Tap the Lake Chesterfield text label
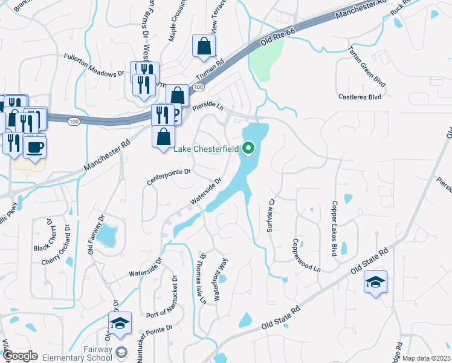click(207, 149)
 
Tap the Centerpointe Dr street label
click(169, 177)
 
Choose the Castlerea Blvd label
click(360, 96)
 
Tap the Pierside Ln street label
click(208, 106)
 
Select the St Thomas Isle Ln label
click(203, 278)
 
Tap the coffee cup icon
click(34, 145)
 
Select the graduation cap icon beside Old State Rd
click(376, 283)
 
